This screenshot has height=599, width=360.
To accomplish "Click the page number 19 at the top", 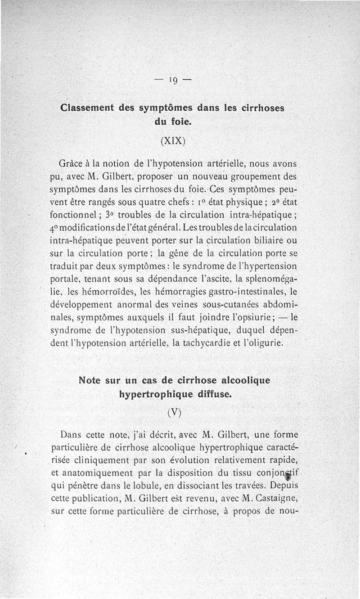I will [173, 81].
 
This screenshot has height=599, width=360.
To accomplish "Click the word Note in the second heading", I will [91, 380].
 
